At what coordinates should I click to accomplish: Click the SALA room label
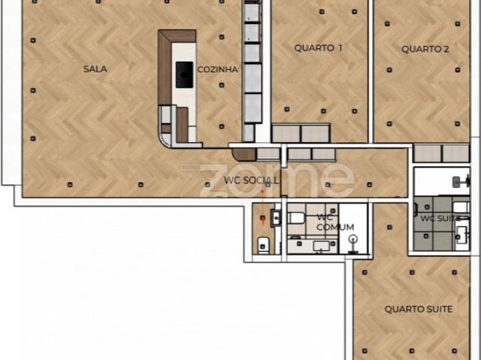click(x=95, y=69)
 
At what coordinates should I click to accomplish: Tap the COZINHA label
click(x=217, y=69)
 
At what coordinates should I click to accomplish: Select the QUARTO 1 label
click(x=318, y=47)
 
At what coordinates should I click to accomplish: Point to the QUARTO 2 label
click(x=425, y=50)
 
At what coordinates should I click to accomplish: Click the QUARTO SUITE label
click(x=418, y=309)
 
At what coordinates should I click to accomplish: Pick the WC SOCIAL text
click(x=251, y=180)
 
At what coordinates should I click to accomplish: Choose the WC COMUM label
click(x=334, y=222)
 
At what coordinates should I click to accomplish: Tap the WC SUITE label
click(x=439, y=219)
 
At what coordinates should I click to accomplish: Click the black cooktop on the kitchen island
click(x=184, y=74)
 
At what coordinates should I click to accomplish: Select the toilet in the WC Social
click(x=263, y=243)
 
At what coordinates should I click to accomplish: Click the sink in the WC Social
click(x=275, y=218)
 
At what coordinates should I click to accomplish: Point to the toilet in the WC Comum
click(x=296, y=217)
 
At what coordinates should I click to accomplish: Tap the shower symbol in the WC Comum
click(x=353, y=241)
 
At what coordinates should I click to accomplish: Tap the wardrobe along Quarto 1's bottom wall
click(x=300, y=133)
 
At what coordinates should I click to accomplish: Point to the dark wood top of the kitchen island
click(x=177, y=35)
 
